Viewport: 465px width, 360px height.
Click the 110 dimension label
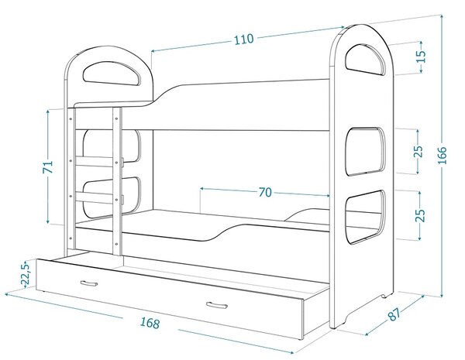point(244,39)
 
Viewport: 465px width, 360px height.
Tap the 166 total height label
point(442,156)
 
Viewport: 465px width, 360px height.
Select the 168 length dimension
point(150,323)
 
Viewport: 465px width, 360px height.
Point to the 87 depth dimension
point(395,314)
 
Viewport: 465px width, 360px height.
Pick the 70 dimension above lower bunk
point(265,192)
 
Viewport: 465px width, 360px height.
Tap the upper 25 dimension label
point(418,152)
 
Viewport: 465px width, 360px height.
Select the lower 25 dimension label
point(420,215)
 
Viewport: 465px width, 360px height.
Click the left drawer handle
point(89,283)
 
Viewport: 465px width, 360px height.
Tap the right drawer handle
point(217,305)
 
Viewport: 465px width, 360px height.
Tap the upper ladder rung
point(95,161)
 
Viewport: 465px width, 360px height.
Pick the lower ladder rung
point(95,198)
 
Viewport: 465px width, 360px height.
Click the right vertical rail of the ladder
point(117,181)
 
